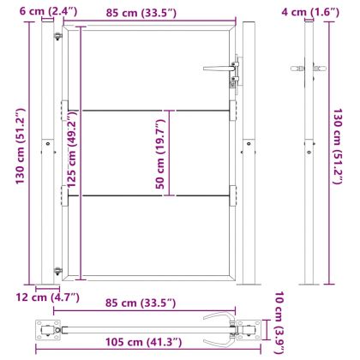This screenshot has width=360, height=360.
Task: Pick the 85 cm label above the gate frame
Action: (149, 12)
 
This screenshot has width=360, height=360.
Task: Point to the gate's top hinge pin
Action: (57, 37)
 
